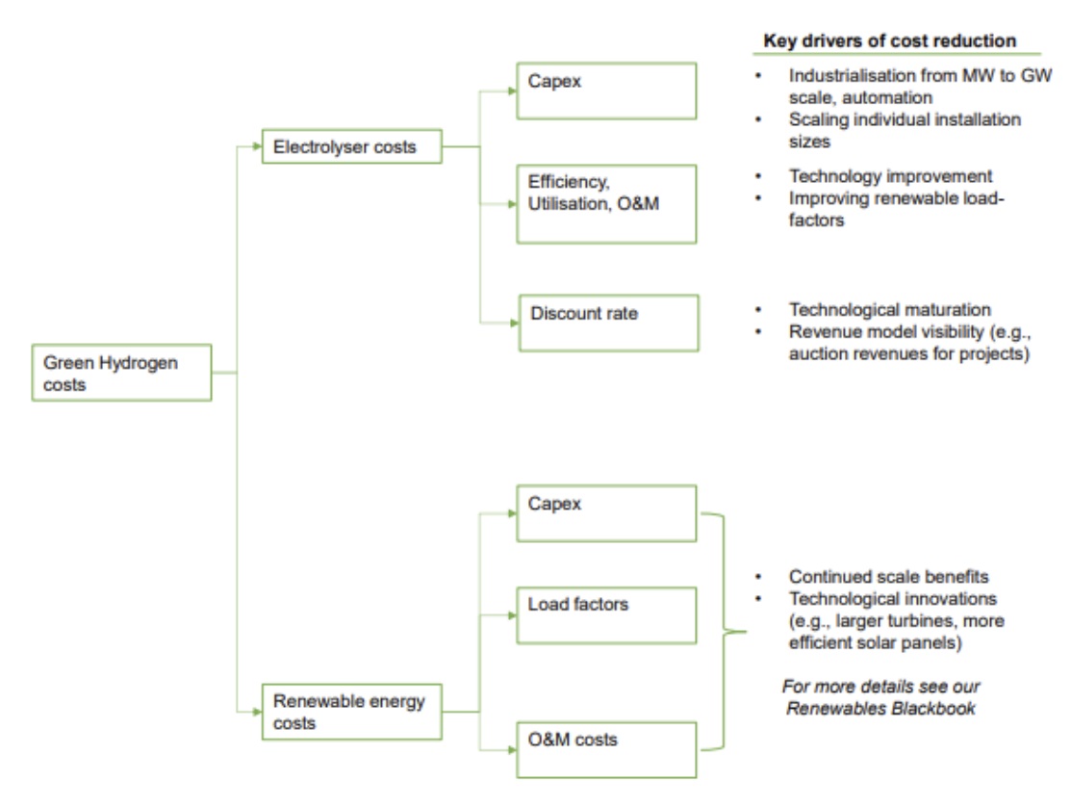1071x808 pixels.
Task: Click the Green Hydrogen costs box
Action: (121, 373)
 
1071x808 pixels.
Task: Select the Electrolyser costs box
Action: (352, 148)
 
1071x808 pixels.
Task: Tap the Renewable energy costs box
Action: (352, 711)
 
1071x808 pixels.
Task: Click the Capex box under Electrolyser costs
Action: (605, 91)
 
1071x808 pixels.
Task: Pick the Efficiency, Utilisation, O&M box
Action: (605, 203)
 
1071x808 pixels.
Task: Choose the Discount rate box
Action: (607, 323)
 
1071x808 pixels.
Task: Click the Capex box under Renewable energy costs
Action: (605, 513)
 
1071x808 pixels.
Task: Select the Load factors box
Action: (605, 615)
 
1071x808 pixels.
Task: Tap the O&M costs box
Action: (605, 748)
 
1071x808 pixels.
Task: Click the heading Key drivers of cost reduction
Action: (889, 41)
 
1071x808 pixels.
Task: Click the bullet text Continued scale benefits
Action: (886, 577)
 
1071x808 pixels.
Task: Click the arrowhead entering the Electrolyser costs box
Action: (257, 147)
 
